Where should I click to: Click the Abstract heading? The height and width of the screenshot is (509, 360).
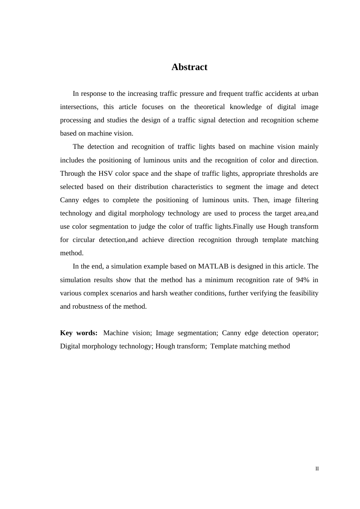(189, 67)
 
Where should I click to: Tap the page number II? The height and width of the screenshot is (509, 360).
(317, 469)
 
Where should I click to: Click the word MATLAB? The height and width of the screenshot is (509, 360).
(213, 266)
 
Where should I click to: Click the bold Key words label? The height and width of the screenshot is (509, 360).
(79, 333)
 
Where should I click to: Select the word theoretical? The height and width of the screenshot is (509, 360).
(210, 107)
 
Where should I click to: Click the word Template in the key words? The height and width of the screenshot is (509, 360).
(224, 346)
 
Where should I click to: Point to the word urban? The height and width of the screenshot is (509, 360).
(310, 94)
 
